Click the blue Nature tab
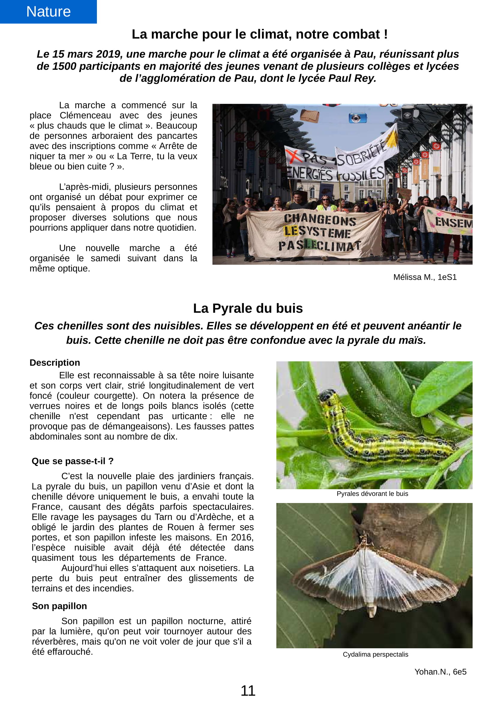click(48, 12)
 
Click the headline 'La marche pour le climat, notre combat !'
click(260, 34)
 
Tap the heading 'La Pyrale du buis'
click(248, 308)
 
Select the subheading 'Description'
click(55, 363)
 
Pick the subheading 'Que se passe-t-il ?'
click(72, 461)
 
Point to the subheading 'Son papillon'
click(59, 606)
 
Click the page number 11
click(248, 691)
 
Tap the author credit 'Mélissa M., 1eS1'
click(425, 277)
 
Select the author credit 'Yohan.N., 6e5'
click(440, 672)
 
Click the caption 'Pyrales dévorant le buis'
click(372, 494)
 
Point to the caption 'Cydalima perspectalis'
click(375, 654)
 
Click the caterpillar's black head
click(325, 396)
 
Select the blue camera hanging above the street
click(357, 118)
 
